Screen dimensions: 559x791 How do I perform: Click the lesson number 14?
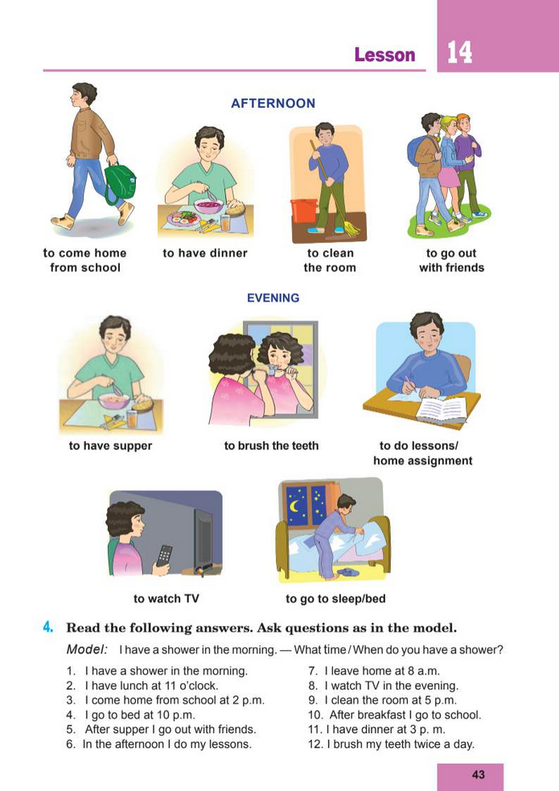click(459, 52)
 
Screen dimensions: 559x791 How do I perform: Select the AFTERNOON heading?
click(273, 104)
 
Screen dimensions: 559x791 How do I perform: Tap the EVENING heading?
click(273, 299)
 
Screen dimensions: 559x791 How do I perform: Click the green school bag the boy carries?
click(120, 183)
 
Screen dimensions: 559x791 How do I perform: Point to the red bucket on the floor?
click(304, 210)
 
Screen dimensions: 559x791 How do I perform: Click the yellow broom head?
click(349, 229)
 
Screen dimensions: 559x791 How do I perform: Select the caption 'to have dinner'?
click(205, 253)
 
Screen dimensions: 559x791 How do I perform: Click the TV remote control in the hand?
click(164, 555)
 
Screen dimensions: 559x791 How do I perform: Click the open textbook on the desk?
click(441, 409)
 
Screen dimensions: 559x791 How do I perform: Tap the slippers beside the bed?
click(347, 572)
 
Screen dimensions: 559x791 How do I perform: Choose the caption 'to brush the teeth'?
click(271, 446)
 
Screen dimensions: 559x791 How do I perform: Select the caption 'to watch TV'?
click(166, 599)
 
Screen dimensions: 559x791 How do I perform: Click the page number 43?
click(479, 775)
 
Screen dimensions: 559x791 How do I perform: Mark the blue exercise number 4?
click(48, 628)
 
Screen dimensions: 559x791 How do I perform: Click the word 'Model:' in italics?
click(87, 649)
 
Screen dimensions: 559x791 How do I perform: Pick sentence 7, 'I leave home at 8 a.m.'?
click(374, 671)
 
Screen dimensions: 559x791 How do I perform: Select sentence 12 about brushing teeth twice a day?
click(391, 744)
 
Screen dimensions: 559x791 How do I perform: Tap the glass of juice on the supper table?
click(132, 418)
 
